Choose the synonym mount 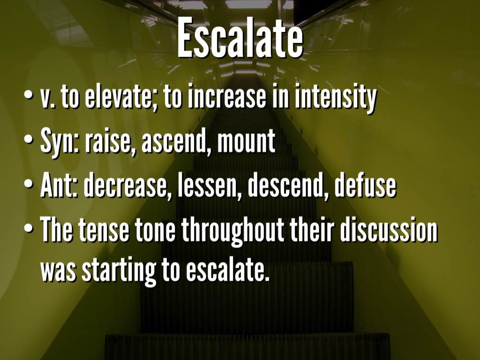[x=246, y=142]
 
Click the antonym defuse [x=365, y=187]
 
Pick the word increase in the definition [x=226, y=98]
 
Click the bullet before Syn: [x=30, y=141]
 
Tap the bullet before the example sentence [x=30, y=229]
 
